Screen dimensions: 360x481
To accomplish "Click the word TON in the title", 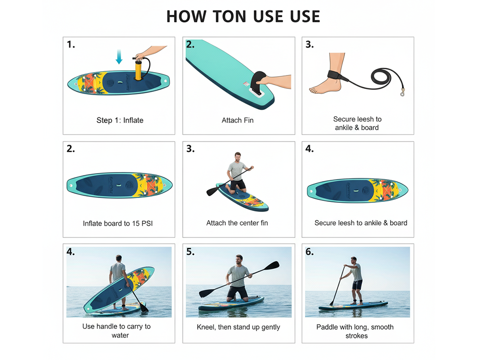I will [225, 16].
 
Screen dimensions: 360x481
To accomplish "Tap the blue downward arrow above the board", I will [119, 57].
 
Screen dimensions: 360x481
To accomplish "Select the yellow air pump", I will [138, 70].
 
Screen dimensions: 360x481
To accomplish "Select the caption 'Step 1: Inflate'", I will [120, 120].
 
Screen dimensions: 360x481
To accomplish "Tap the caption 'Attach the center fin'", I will [237, 223].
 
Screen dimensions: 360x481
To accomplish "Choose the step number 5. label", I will [190, 252].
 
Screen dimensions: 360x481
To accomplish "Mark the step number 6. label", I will [310, 252].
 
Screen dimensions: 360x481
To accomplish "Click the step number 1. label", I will [71, 44].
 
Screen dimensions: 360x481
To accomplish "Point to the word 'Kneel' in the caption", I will [207, 327].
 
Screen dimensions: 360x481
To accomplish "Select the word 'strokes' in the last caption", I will [356, 335].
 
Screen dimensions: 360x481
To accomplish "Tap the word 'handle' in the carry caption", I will [107, 326].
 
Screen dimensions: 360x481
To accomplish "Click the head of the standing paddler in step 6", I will [354, 260].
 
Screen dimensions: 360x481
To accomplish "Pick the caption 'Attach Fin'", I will [238, 120].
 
